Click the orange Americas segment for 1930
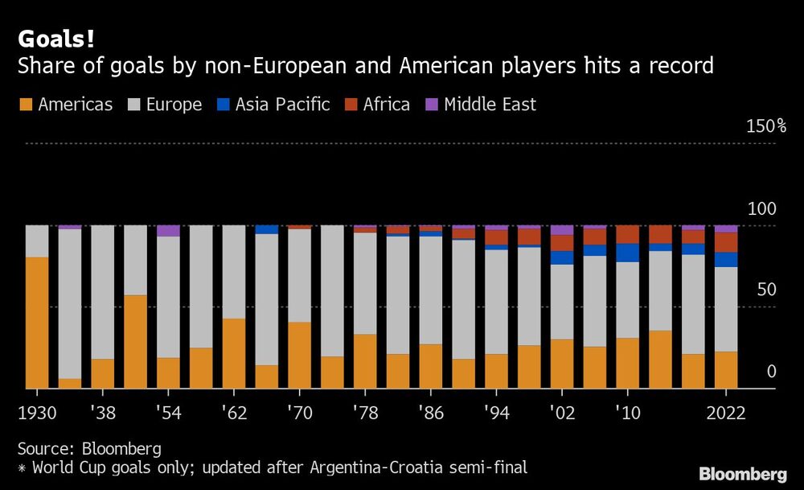[37, 323]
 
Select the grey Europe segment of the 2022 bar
[726, 309]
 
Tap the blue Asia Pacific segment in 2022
[726, 259]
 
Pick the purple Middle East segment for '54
[168, 231]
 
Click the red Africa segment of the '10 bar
[628, 234]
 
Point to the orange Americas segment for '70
[300, 355]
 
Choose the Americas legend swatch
[25, 105]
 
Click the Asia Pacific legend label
[282, 105]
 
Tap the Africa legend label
[386, 105]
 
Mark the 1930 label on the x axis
[37, 413]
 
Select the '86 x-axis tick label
[431, 413]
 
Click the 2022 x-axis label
[726, 413]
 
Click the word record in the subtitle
[683, 65]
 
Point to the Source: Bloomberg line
[89, 448]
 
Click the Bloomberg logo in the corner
[743, 474]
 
